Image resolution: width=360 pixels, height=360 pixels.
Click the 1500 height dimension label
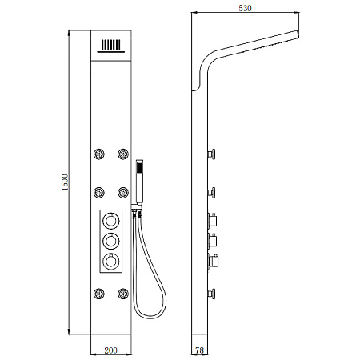65,182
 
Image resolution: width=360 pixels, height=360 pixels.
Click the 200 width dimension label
110,350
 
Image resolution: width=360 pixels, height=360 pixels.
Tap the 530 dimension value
245,8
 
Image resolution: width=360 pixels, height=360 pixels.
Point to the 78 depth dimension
199,350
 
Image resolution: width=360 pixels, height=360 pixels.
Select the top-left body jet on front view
99,154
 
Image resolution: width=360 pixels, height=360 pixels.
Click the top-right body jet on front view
123,154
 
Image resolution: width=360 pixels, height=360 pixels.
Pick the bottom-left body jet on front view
99,294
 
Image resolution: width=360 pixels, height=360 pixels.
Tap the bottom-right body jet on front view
123,294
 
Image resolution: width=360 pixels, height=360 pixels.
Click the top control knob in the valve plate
111,221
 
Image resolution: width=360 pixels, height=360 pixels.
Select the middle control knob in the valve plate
111,241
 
